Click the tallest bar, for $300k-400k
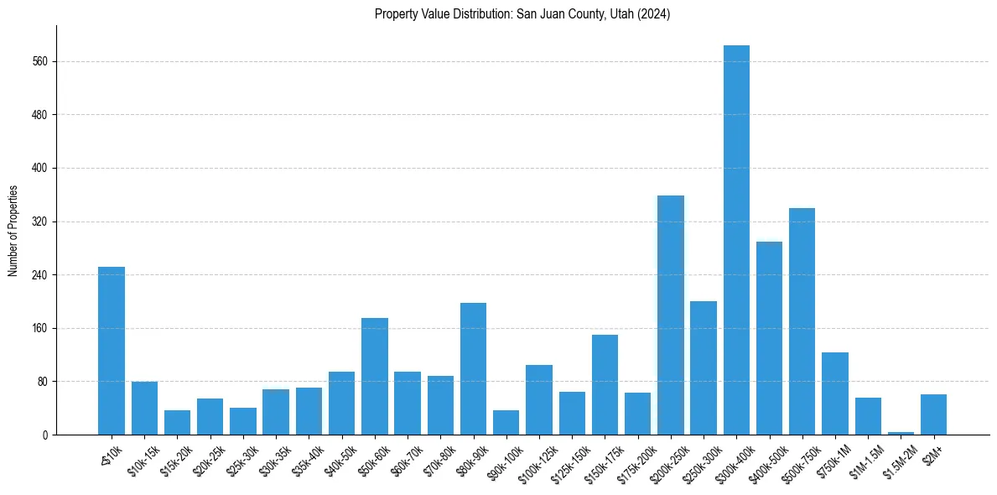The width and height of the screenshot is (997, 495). point(736,240)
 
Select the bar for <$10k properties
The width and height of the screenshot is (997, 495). point(112,351)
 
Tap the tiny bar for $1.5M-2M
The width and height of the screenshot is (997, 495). point(901,433)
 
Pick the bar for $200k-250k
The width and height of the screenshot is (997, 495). point(671,315)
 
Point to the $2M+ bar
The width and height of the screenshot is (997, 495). point(933,414)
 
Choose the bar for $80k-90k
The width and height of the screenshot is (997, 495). point(473,368)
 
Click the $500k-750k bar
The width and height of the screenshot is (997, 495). point(802,321)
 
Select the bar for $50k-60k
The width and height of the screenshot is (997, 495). point(375,376)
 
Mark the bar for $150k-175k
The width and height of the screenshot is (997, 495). point(605,384)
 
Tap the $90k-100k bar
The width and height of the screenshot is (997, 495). point(506,422)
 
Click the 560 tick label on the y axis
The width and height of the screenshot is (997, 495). point(39,61)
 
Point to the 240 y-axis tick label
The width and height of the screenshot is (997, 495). point(39,274)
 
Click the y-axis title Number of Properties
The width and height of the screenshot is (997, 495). point(13,231)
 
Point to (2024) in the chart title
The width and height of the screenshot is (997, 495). point(654,14)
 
